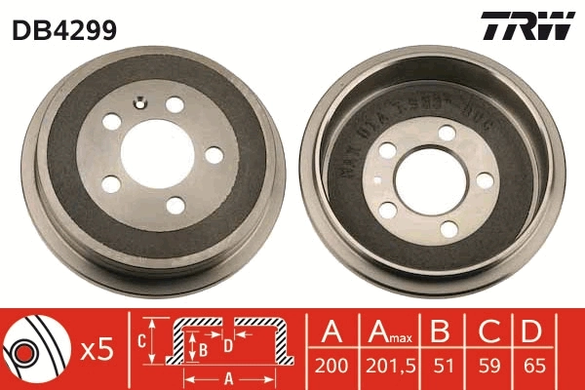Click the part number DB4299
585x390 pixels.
[64, 29]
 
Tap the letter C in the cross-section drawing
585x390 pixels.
[139, 341]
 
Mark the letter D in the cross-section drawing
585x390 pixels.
[227, 344]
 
